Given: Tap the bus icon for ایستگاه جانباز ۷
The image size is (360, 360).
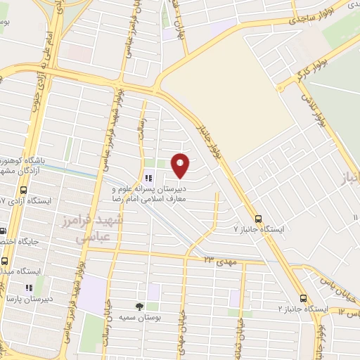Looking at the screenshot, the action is coord(258,218).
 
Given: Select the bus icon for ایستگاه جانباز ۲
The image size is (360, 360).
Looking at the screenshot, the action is coord(303,297).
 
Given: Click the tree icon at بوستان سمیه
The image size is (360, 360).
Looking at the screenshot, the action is coord(139,306).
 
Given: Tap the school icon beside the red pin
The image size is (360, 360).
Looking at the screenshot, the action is coord(148,178).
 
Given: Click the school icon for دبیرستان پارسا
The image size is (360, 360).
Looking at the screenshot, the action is coord(29,287).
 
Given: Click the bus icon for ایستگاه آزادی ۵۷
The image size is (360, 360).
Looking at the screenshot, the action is coord(25,190).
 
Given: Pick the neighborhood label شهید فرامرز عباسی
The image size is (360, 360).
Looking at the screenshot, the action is coord(98,229).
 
